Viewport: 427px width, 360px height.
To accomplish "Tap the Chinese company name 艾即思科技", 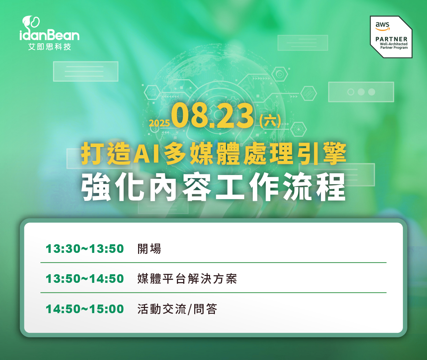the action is (x=50, y=47).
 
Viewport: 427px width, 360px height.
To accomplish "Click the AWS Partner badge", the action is (x=391, y=37).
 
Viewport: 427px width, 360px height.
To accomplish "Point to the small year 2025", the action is (x=159, y=123).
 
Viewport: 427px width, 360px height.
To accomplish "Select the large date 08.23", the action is (x=212, y=116).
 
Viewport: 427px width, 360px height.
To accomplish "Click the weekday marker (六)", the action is (x=270, y=121).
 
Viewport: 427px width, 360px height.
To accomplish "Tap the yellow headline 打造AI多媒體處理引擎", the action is (x=213, y=154).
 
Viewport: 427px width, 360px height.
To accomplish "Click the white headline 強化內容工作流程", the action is (x=213, y=187).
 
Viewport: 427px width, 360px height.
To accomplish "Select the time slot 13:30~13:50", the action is (x=85, y=249).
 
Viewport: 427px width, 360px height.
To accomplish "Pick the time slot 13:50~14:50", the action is (x=85, y=279).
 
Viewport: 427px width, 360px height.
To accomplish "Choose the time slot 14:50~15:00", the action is (x=85, y=309).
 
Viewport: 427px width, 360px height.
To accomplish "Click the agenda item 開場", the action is (x=149, y=249).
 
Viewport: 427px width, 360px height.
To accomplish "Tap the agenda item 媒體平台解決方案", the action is (x=187, y=279).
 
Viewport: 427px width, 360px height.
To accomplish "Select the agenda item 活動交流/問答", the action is (x=177, y=309).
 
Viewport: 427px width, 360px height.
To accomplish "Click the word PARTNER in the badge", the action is (x=392, y=39).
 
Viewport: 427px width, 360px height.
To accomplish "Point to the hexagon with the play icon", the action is (x=280, y=74).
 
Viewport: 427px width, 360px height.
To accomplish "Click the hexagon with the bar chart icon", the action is (x=152, y=92).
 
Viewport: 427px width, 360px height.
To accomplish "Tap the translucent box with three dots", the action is (x=361, y=92).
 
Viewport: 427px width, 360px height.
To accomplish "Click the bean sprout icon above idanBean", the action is (x=31, y=22).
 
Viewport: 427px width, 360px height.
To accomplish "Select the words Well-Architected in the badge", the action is (x=394, y=44).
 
